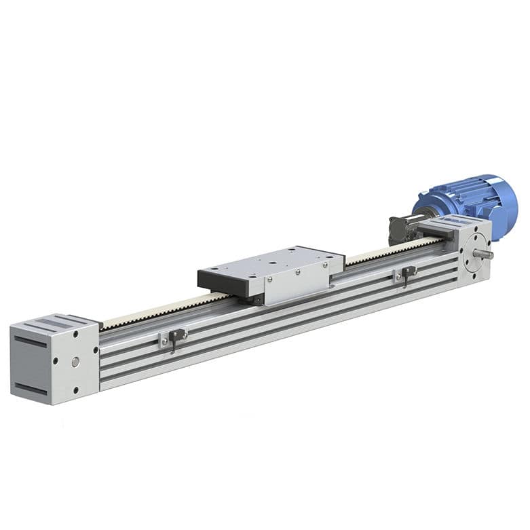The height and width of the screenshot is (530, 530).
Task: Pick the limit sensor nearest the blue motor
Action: [406, 274]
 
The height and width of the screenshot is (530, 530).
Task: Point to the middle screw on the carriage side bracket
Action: [297, 273]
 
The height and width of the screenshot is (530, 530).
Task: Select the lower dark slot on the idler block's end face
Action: [31, 388]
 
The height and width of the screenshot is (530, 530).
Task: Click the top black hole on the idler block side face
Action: [75, 335]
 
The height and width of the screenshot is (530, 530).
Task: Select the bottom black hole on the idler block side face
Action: [76, 390]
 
